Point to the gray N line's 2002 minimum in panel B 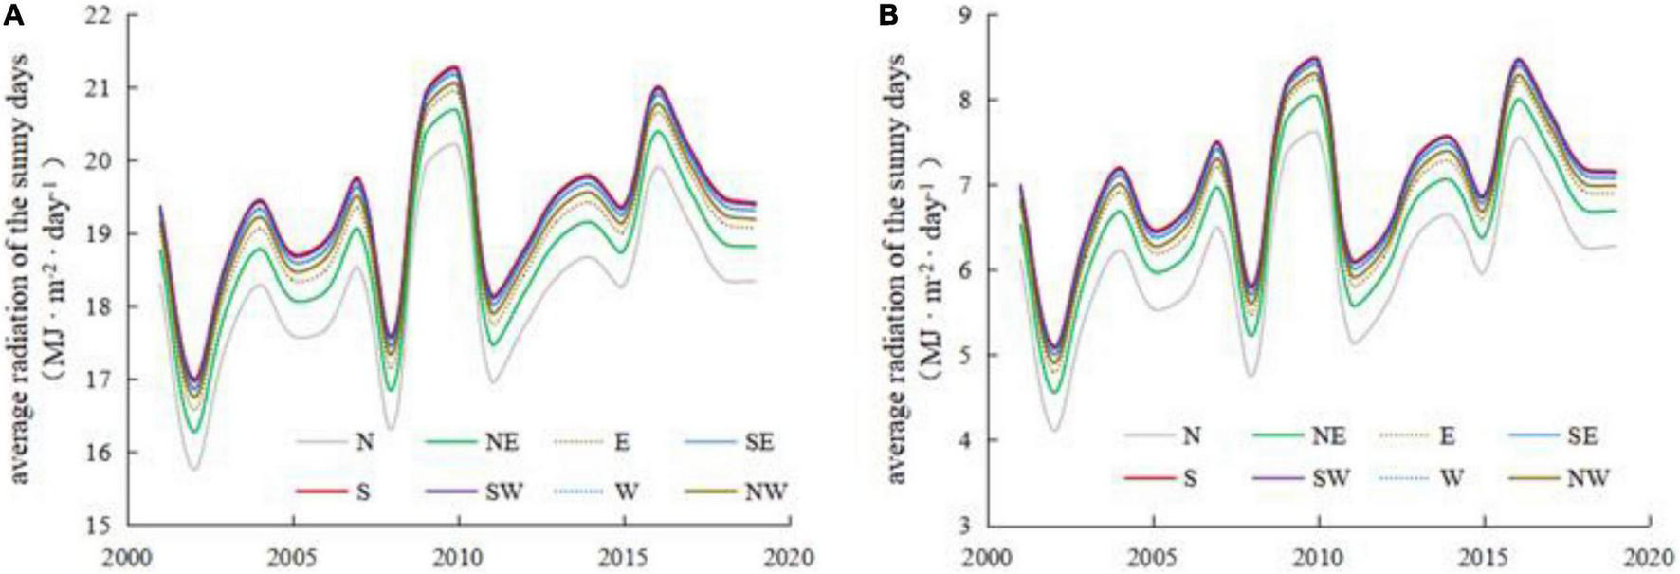pos(1054,430)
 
